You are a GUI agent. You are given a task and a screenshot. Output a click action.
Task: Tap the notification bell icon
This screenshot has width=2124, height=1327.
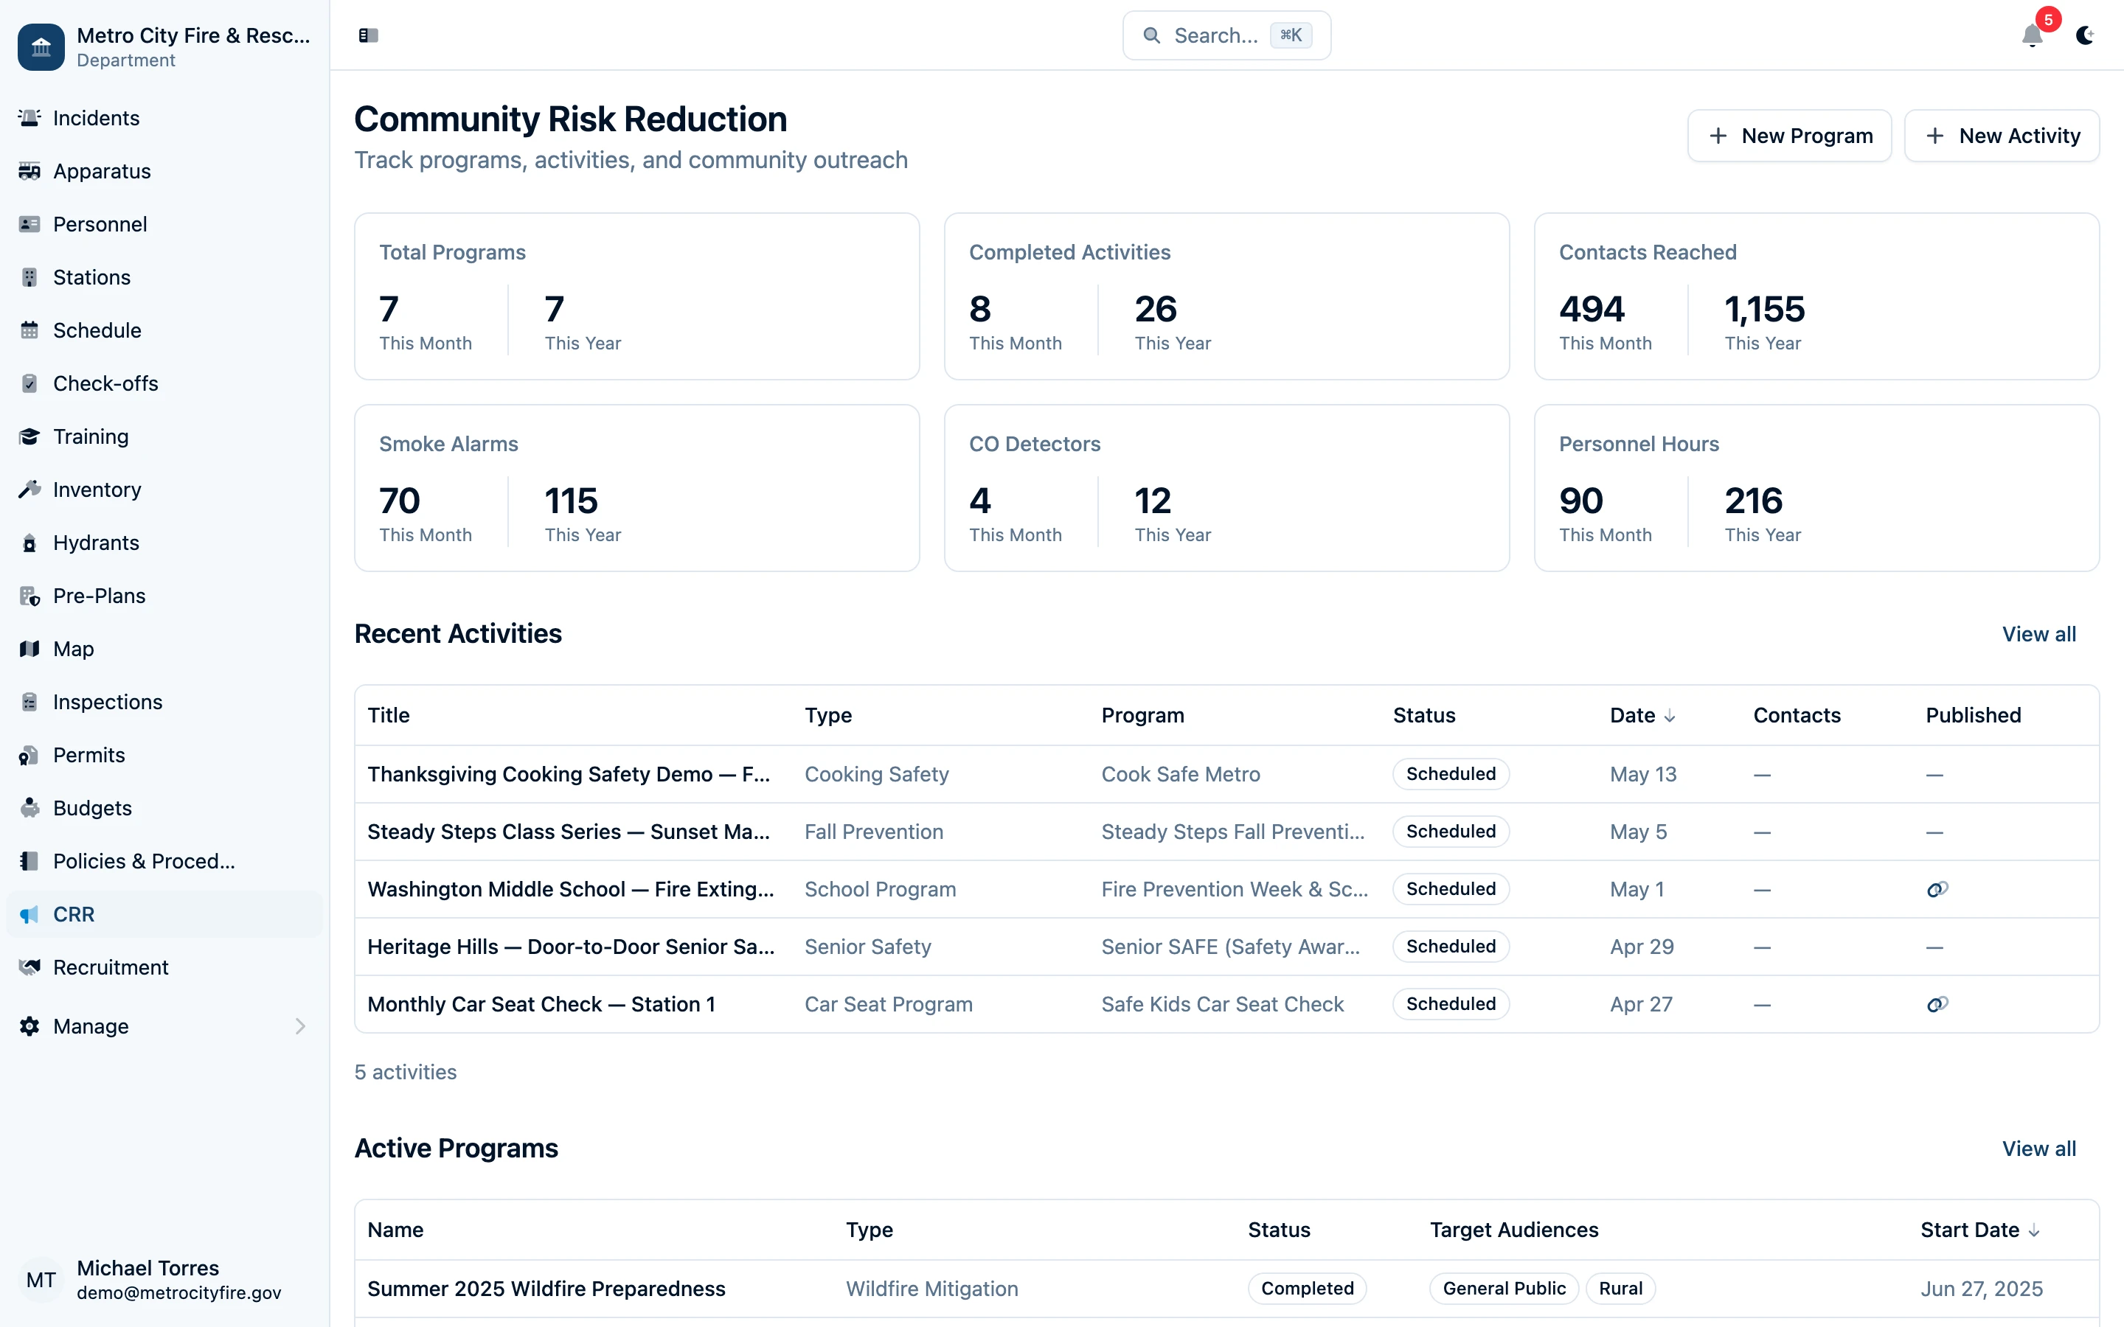(x=2031, y=36)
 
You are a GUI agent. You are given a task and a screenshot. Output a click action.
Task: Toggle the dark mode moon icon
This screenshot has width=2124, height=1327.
(x=2084, y=36)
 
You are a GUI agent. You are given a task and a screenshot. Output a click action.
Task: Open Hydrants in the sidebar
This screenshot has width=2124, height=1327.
(x=96, y=543)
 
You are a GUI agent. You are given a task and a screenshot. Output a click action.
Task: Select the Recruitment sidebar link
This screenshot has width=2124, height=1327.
(x=111, y=967)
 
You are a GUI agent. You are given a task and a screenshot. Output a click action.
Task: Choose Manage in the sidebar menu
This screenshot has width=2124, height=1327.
(x=91, y=1026)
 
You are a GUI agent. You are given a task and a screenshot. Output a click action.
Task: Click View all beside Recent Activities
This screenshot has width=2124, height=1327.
(x=2038, y=634)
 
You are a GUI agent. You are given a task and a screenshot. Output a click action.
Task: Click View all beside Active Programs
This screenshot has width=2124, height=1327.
(x=2038, y=1148)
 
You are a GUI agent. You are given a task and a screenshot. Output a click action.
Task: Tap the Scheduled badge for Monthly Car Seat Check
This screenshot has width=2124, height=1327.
(x=1450, y=1004)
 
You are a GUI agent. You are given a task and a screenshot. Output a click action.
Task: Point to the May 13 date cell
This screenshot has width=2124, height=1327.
(x=1642, y=774)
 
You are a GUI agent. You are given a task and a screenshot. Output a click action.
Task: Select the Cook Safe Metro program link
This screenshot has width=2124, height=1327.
(x=1179, y=774)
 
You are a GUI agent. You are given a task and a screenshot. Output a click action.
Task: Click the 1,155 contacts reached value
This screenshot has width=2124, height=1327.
(x=1764, y=309)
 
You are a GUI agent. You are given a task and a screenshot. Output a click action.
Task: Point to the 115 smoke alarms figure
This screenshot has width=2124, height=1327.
(x=571, y=501)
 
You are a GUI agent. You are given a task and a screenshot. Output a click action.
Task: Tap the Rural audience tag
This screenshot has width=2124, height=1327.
(x=1620, y=1289)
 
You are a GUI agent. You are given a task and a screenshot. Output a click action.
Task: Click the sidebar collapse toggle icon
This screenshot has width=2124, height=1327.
(x=368, y=36)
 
